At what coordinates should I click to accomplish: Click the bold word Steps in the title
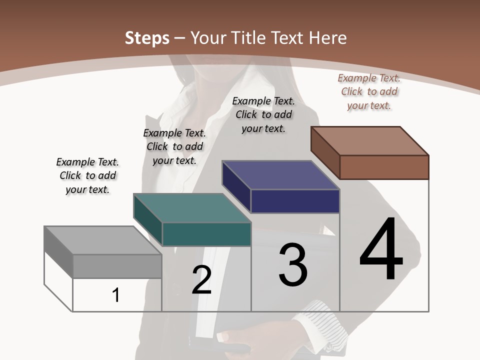147,38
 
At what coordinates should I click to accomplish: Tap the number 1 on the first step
116,295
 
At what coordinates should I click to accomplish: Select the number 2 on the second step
201,280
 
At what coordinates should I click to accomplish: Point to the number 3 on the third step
293,265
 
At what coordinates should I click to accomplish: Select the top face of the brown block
370,141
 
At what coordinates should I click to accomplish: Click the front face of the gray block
117,266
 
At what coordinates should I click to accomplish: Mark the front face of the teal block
206,234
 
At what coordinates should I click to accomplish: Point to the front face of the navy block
295,201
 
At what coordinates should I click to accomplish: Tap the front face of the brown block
384,167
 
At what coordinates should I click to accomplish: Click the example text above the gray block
87,175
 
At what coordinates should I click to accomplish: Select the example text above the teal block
174,146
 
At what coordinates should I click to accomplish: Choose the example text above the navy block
263,114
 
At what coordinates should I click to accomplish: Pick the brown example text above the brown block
369,91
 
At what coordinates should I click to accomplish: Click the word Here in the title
328,38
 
